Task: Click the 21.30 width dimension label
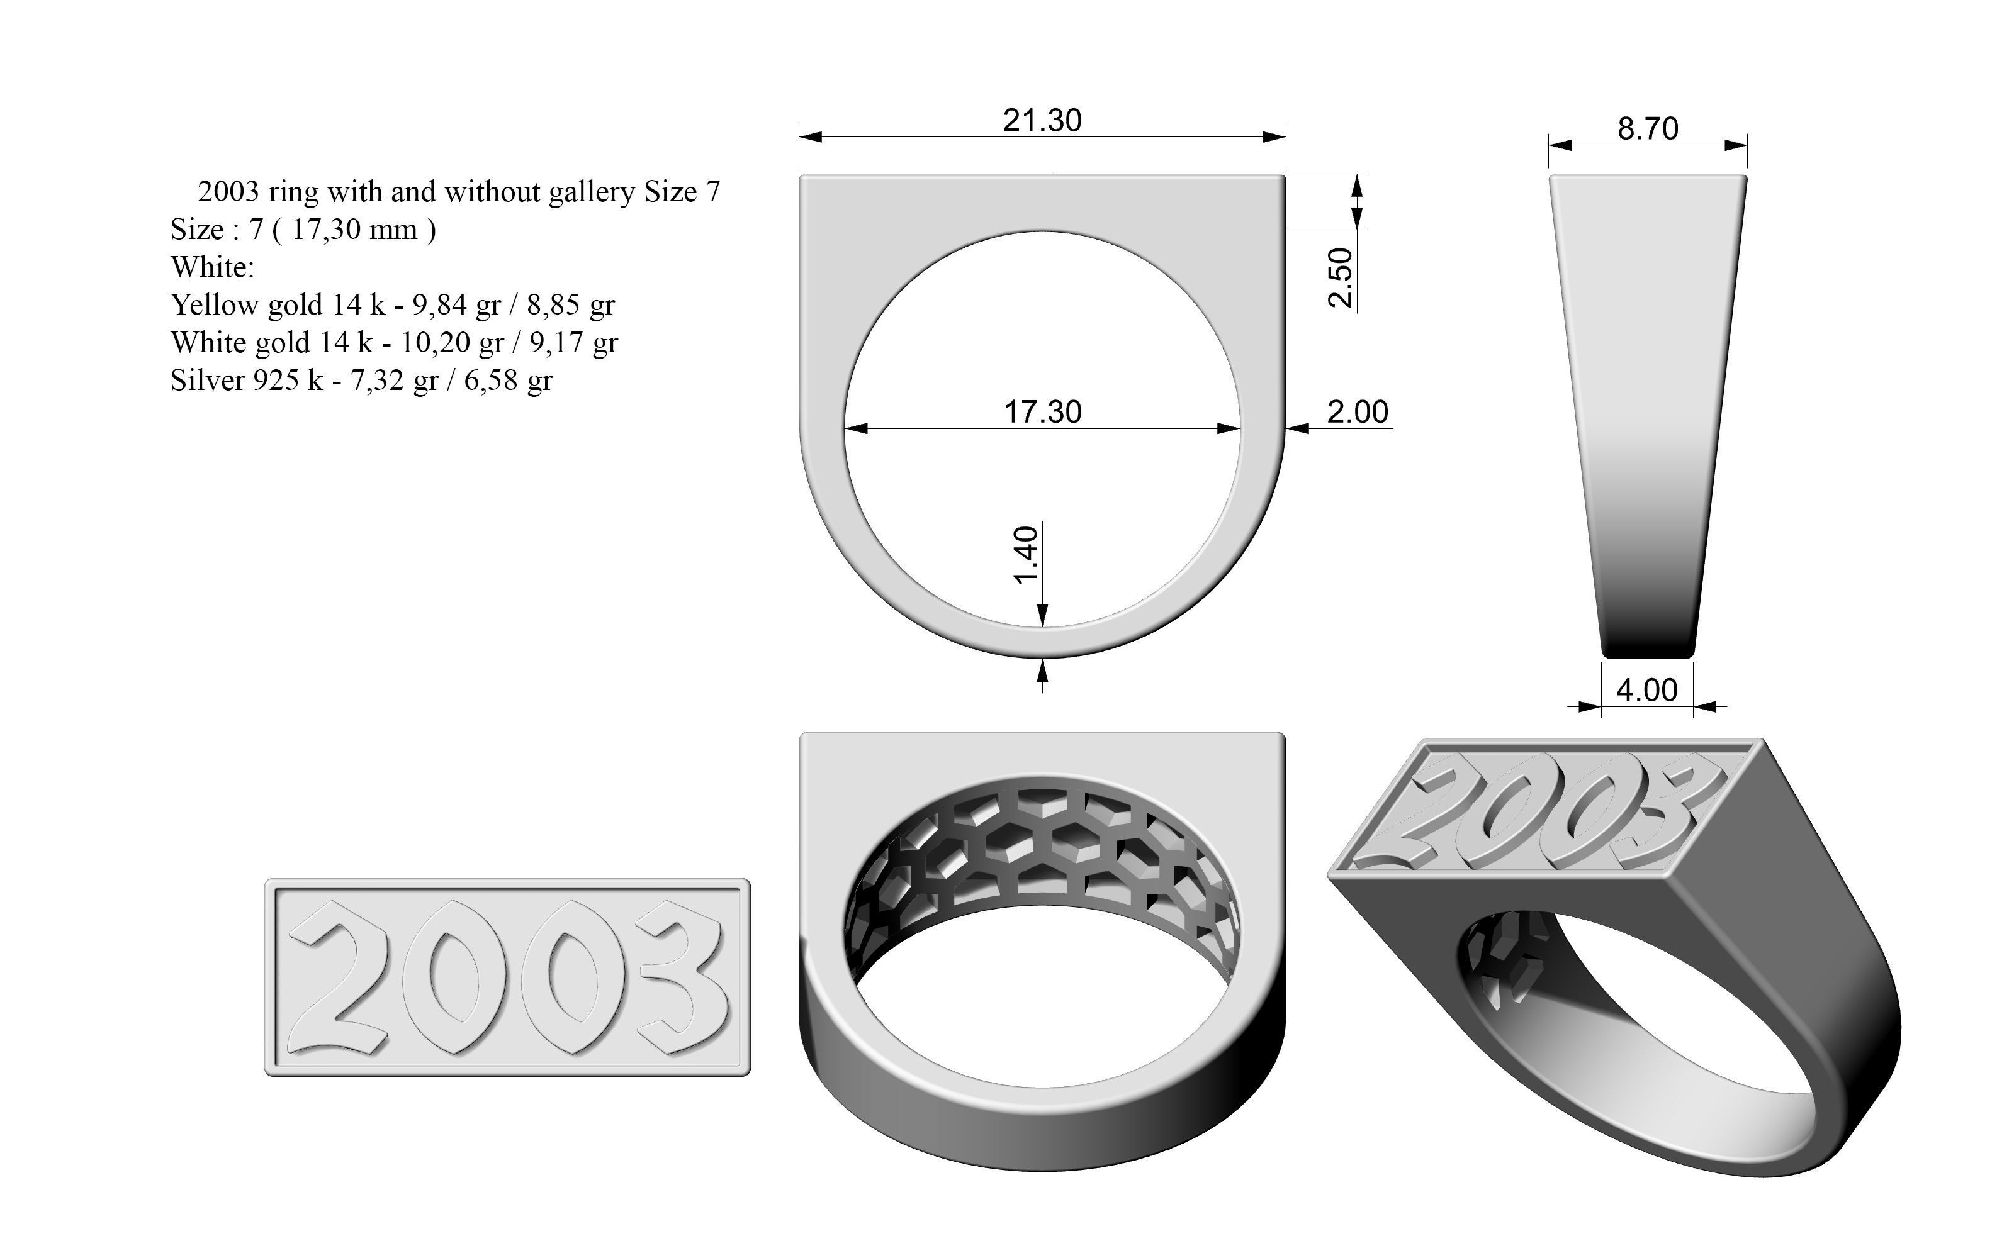click(1042, 121)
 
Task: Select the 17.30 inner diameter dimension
click(1042, 412)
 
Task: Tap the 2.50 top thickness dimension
click(1340, 277)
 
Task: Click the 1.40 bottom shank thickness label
click(1027, 555)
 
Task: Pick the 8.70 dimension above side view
click(1647, 129)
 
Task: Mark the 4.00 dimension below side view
click(1647, 690)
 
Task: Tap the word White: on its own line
click(212, 267)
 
